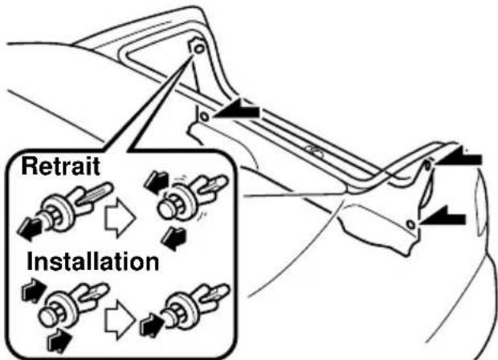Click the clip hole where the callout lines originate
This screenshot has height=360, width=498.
[196, 48]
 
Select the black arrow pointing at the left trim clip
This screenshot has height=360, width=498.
[239, 112]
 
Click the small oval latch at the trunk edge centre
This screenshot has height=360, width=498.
[315, 150]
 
